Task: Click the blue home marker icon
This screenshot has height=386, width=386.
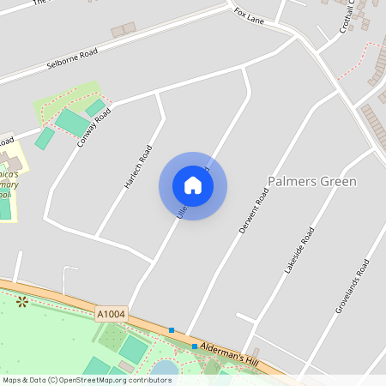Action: pos(193,185)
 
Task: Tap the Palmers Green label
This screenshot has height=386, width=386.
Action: pos(312,182)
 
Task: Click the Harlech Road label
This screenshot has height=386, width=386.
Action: pos(137,166)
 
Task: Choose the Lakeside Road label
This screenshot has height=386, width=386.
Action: pos(299,250)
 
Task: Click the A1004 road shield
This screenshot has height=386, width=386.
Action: pos(111,315)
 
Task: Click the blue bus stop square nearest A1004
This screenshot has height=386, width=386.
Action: pos(172,330)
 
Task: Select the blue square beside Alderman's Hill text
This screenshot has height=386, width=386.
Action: pos(195,347)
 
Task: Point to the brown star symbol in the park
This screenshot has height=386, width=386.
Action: pos(22,301)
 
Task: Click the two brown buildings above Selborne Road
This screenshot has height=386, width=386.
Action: pos(124,30)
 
